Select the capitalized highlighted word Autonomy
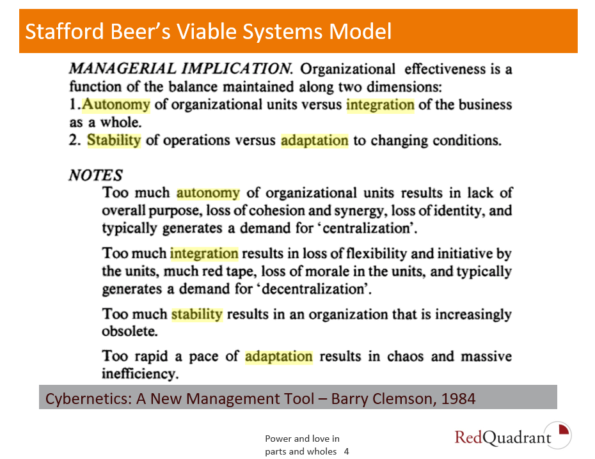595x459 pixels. (x=116, y=105)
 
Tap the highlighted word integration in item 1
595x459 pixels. (x=380, y=105)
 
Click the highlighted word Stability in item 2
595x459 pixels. (x=114, y=140)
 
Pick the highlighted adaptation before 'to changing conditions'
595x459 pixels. (x=315, y=141)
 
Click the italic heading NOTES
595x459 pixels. (x=95, y=176)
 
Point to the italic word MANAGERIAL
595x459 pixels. (x=123, y=69)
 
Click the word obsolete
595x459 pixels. (x=130, y=331)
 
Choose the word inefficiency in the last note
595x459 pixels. (x=140, y=374)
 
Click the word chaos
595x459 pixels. (x=405, y=356)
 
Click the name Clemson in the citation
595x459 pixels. (x=404, y=399)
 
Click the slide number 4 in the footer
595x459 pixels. (x=347, y=451)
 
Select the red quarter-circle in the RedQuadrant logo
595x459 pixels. (x=564, y=430)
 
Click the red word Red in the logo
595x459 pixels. (x=468, y=437)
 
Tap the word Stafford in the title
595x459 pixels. (x=64, y=31)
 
